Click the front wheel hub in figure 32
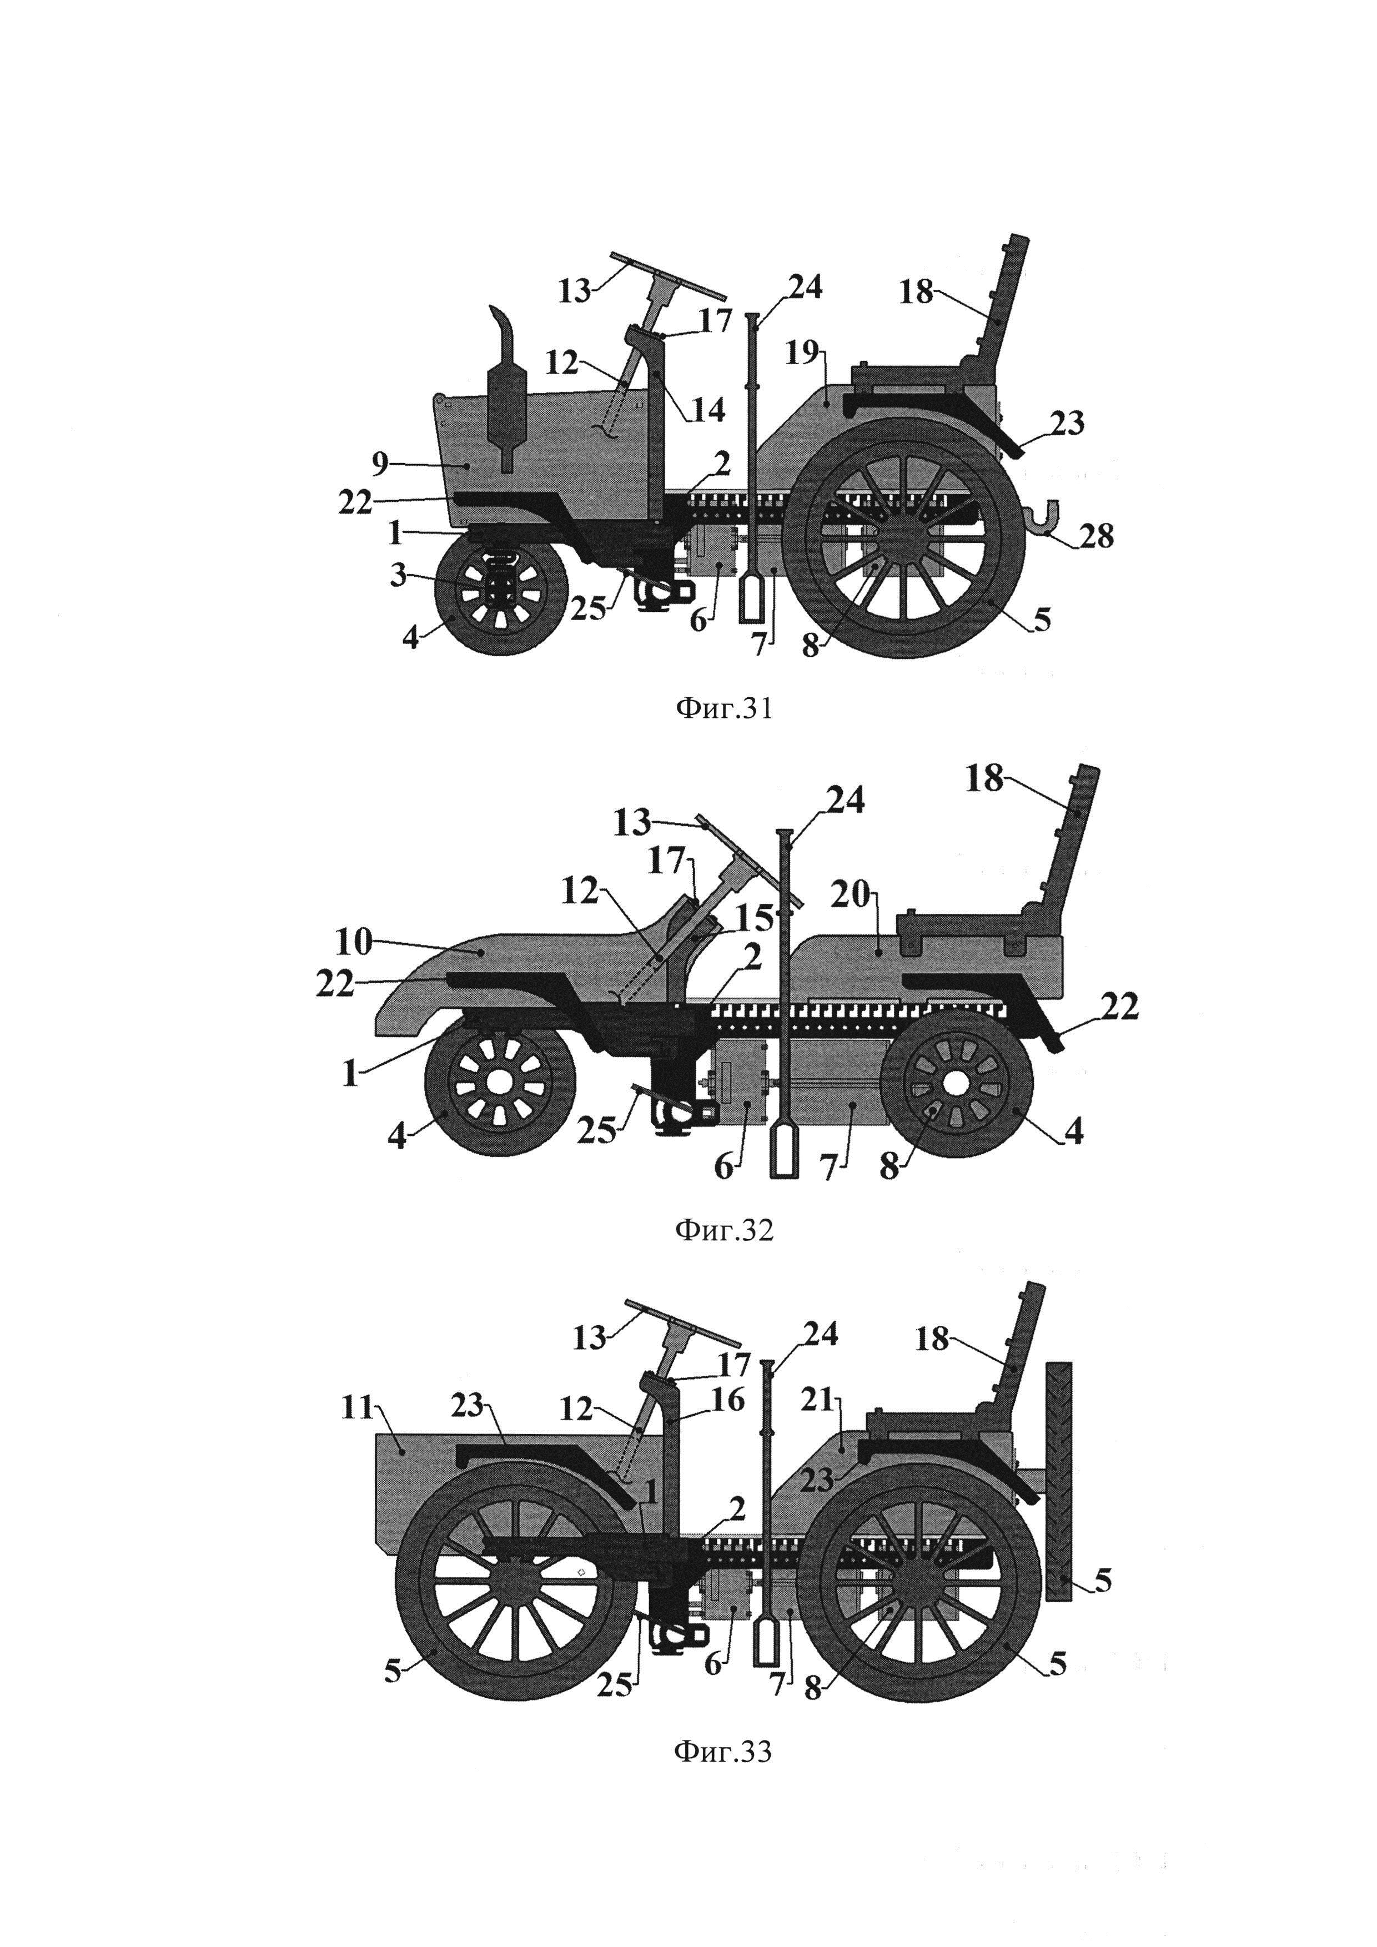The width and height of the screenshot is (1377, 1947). pos(500,1083)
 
